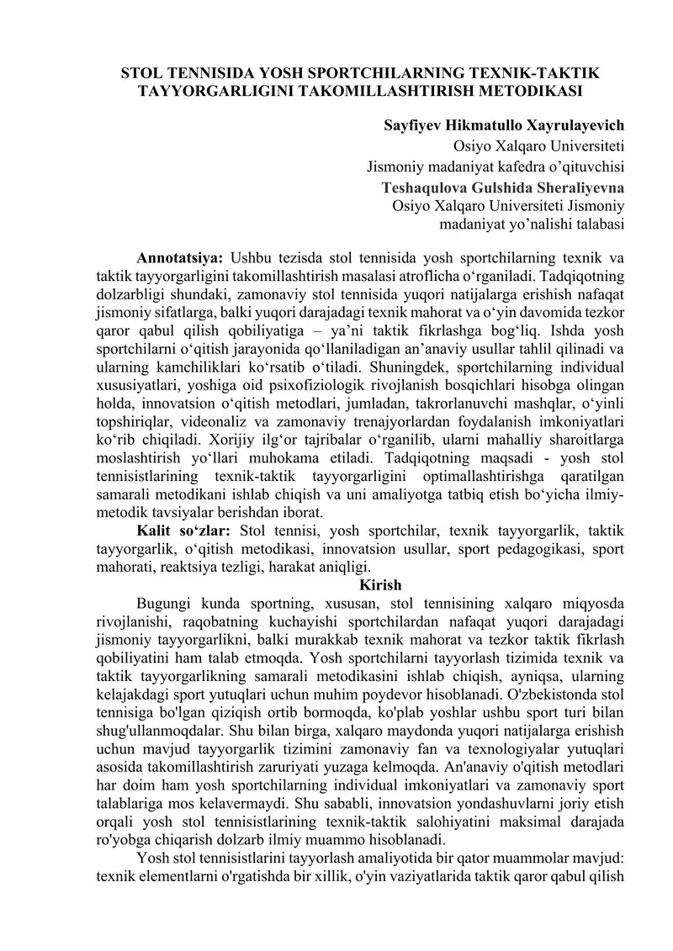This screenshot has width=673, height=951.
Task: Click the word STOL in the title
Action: click(144, 72)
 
